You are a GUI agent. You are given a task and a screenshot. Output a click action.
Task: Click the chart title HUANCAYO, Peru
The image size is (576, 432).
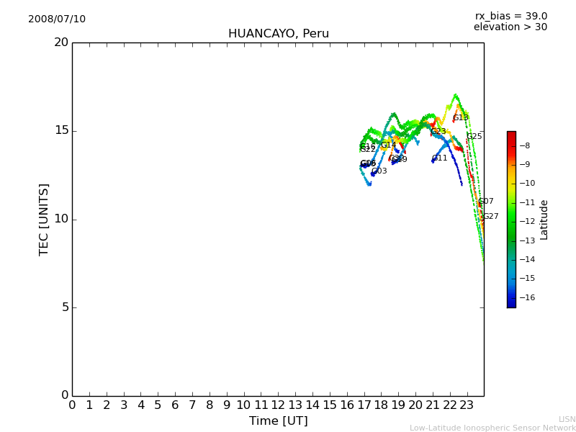click(278, 34)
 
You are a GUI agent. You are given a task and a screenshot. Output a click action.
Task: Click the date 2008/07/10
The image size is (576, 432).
click(57, 19)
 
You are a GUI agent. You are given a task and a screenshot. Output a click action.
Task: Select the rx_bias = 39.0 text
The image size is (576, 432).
click(510, 17)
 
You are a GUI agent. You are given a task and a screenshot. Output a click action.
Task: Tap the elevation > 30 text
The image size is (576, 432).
click(510, 27)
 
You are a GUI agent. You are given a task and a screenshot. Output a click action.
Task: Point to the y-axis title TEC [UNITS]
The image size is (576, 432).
click(45, 219)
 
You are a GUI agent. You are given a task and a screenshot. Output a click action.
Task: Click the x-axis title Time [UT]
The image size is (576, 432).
click(278, 421)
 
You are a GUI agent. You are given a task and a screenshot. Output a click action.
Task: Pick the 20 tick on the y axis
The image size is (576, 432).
click(61, 42)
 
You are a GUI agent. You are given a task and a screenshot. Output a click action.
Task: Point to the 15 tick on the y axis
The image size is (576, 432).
click(61, 131)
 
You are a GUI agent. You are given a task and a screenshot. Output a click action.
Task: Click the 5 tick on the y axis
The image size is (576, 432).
click(65, 307)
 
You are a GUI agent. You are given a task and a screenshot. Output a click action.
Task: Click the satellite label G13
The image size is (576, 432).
click(461, 118)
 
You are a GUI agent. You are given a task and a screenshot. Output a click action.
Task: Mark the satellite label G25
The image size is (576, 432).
click(474, 137)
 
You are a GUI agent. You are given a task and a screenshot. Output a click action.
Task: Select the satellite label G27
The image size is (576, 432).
click(490, 217)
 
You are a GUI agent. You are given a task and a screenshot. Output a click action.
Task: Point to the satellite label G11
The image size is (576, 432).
click(440, 158)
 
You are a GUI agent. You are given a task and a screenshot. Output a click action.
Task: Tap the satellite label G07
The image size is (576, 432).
click(486, 202)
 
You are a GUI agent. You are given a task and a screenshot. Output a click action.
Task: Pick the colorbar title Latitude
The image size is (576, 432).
click(544, 220)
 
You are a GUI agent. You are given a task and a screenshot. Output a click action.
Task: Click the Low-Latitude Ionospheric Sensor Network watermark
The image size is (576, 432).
click(492, 428)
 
